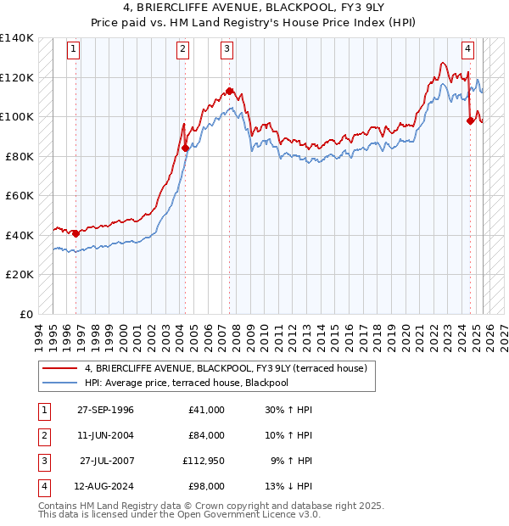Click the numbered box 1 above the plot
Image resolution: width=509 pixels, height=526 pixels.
coord(75,49)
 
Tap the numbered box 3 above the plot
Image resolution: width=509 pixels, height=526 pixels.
coord(227,49)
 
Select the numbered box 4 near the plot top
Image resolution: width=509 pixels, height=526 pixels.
coord(467,49)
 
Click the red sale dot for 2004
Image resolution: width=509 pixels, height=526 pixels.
coord(185,148)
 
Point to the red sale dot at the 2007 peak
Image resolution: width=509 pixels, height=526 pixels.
coord(229,90)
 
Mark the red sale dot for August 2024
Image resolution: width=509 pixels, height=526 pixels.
coord(470,120)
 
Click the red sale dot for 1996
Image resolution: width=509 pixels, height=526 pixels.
coord(76,233)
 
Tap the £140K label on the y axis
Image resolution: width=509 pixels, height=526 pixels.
coord(16,38)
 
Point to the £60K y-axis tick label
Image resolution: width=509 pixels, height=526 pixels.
coord(19,195)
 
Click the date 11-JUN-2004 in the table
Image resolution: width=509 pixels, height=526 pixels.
coord(105,435)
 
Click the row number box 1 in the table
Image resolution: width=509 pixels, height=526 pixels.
coord(42,410)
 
